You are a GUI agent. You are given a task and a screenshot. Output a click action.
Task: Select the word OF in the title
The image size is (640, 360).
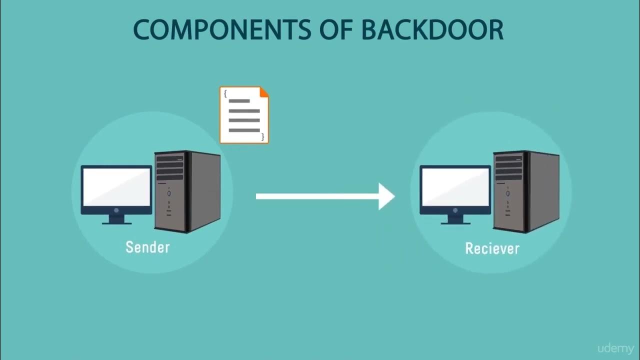pos(339,30)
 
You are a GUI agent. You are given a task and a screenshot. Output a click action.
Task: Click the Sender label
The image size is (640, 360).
pos(147,247)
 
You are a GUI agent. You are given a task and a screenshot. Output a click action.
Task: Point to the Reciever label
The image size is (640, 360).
pos(492,248)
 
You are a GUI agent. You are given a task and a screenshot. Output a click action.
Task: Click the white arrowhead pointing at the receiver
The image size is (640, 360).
pos(386,196)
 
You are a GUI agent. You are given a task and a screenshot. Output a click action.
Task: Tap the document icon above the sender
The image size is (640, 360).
pos(244,115)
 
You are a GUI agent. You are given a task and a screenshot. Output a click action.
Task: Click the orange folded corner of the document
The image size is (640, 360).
pos(264,91)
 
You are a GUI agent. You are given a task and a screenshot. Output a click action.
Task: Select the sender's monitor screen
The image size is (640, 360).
pos(116,186)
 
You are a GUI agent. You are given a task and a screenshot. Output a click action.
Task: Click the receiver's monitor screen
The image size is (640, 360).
pos(455,186)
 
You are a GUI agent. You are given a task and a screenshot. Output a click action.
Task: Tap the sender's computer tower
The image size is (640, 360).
pos(187,191)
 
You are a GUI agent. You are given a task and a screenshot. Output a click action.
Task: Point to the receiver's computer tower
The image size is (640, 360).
pos(526,191)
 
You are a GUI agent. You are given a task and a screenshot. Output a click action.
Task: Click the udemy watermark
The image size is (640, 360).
pos(615,348)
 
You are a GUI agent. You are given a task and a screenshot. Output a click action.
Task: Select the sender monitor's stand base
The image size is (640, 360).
pos(116,222)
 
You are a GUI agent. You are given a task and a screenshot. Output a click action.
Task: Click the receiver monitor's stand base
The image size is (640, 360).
pos(455,222)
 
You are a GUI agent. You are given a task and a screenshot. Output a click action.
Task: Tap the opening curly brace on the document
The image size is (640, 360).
pos(225,93)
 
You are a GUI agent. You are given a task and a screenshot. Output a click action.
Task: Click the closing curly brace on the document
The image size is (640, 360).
pos(263,136)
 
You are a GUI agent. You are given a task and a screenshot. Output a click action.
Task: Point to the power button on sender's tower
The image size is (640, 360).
pos(169,193)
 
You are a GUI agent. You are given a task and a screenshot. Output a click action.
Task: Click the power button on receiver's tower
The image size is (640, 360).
pos(508,193)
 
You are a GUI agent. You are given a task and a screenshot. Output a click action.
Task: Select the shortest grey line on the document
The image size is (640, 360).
pos(239,101)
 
